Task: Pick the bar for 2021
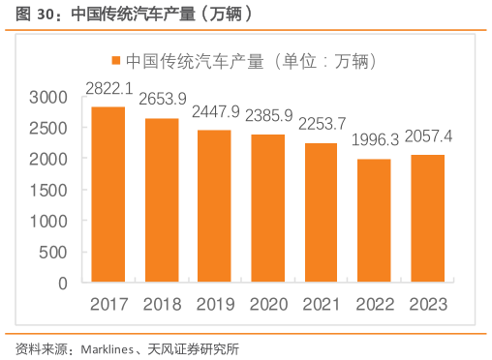pos(321,213)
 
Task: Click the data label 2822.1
pos(109,88)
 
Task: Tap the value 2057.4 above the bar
pos(427,135)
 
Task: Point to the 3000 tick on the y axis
pos(48,97)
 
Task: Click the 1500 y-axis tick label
pos(48,190)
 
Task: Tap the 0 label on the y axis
pos(63,284)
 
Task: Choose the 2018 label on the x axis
pos(162,304)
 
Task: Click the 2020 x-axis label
pos(268,304)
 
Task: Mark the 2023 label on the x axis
pos(427,304)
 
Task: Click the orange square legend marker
pos(116,59)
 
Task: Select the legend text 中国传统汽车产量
pos(195,59)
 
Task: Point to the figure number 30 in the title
pos(39,14)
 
